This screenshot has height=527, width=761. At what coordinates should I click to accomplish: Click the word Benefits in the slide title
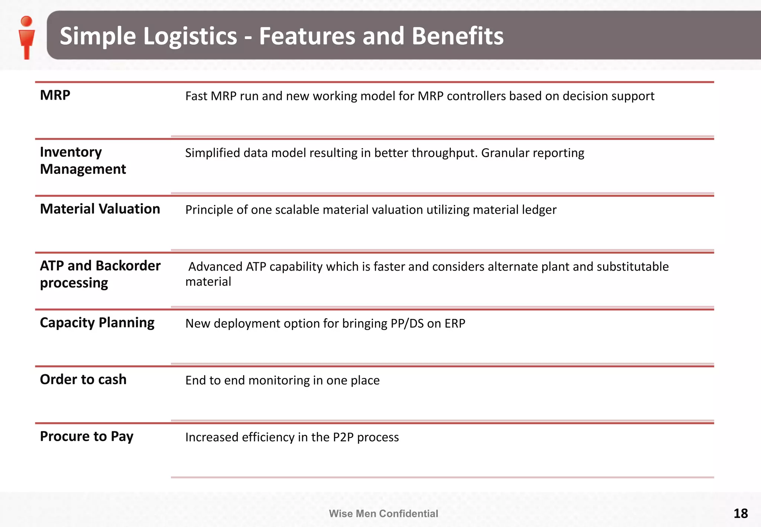coord(457,36)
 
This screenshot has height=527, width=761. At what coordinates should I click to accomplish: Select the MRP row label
coord(55,95)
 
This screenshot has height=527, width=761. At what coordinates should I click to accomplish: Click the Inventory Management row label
coord(82,161)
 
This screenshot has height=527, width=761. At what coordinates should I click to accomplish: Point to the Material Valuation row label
coord(100,209)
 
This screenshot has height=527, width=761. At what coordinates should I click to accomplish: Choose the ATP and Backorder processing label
coord(100,274)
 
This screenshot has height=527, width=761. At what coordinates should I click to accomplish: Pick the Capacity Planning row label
coord(97,323)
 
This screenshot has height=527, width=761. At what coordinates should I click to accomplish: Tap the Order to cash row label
coord(83,379)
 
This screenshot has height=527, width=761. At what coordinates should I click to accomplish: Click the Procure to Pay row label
coord(87,436)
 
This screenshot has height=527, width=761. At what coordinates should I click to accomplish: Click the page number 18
coord(740,514)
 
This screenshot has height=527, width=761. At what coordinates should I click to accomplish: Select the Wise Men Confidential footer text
coord(383,514)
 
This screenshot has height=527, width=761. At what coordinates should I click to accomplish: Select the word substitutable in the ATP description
coord(632,266)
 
